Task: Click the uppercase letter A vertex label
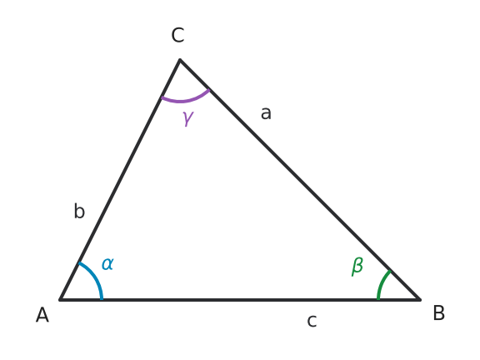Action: coord(42,315)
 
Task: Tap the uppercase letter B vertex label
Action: coord(438,312)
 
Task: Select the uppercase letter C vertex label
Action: coord(177,35)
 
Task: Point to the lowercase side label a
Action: coord(266,113)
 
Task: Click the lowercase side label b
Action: coord(79,211)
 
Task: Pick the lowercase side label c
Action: coord(312,321)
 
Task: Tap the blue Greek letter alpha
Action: coord(107,263)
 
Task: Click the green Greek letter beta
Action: coord(357,267)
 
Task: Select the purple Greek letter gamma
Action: coord(188,118)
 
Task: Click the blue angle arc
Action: coord(95,277)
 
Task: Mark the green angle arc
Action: coord(382,283)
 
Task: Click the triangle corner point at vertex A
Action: coord(60,300)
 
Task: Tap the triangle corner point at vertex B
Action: coord(420,299)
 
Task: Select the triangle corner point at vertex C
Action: coord(180,60)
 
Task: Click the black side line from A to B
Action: coord(240,300)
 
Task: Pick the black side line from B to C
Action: coord(300,179)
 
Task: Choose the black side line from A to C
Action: coord(120,180)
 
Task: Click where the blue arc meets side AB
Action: coord(102,299)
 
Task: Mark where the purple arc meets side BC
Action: coord(209,90)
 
